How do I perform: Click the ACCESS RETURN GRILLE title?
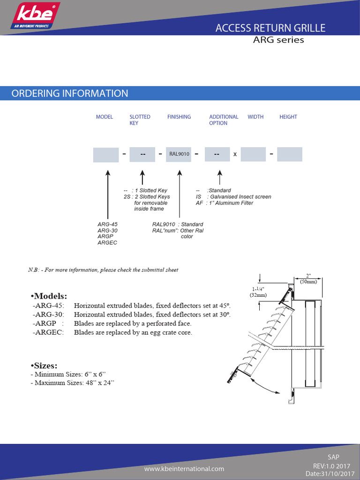(x=270, y=28)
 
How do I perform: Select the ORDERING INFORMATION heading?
(x=69, y=93)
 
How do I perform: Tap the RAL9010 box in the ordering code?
(x=179, y=154)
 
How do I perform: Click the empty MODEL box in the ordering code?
(x=105, y=154)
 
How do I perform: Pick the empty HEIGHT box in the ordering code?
(x=289, y=154)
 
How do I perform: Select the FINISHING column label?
(x=179, y=117)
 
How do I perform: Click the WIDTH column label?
(x=255, y=117)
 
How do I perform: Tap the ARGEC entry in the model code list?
(x=107, y=243)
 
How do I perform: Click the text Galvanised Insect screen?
(x=240, y=197)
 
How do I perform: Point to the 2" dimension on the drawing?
(x=308, y=276)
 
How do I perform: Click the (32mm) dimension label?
(x=258, y=295)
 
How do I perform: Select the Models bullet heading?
(x=49, y=296)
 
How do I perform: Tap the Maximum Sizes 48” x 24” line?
(x=72, y=383)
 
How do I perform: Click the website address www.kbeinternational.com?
(x=184, y=469)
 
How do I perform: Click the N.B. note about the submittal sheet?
(x=103, y=270)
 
